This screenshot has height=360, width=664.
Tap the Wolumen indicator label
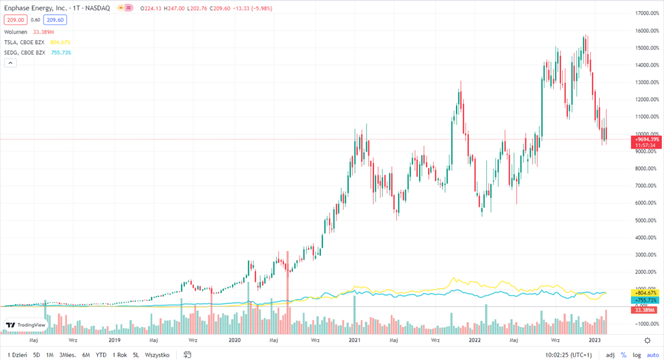coord(14,32)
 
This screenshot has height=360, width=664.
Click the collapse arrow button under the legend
coord(10,63)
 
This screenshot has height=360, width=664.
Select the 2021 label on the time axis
coord(355,340)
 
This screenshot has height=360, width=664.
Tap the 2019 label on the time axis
coord(115,340)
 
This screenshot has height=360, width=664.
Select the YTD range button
coord(101,355)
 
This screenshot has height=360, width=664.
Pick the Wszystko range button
coord(157,355)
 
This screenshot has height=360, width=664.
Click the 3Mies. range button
coord(67,355)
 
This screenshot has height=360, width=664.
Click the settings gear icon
coord(647,340)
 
